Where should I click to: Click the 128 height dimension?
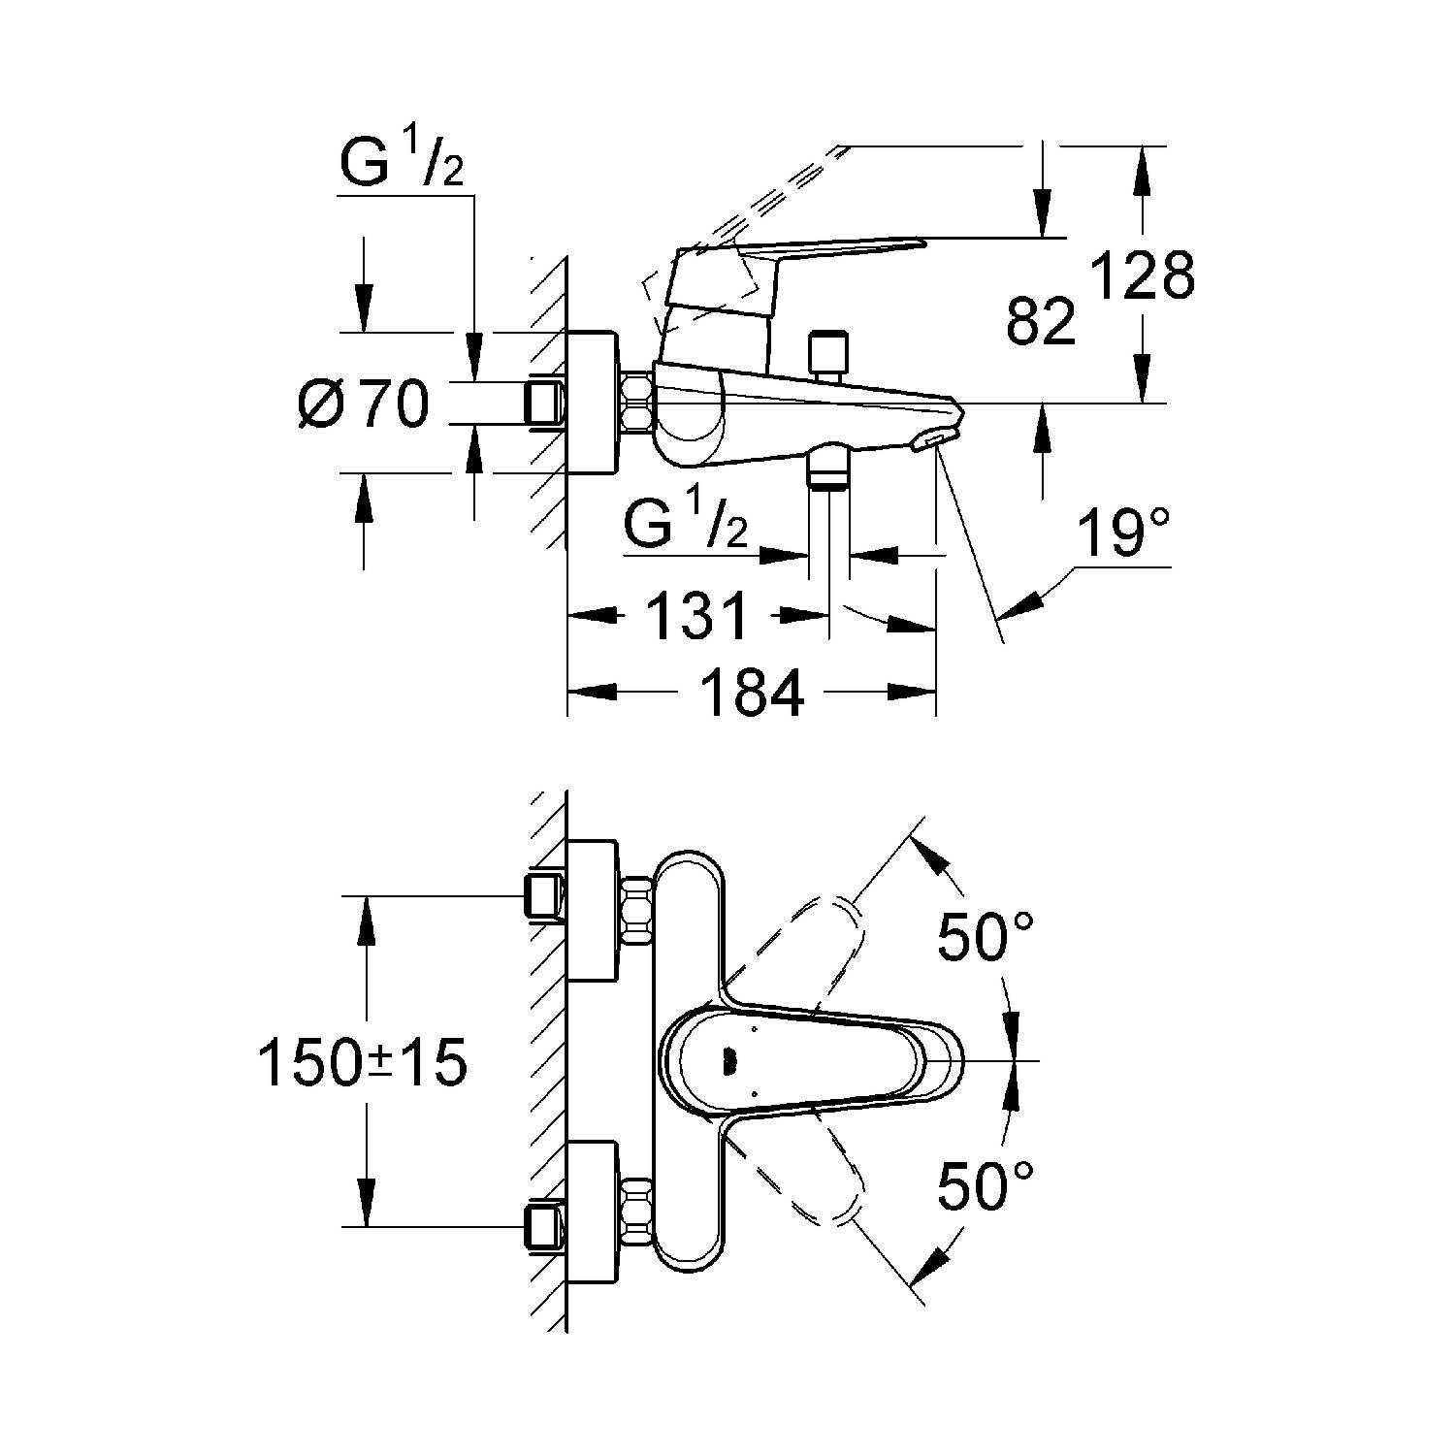pyautogui.click(x=1143, y=277)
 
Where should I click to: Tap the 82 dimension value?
pyautogui.click(x=1042, y=322)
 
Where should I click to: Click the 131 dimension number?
pyautogui.click(x=698, y=616)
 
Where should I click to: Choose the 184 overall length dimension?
pyautogui.click(x=753, y=693)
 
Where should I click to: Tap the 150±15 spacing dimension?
pyautogui.click(x=363, y=1063)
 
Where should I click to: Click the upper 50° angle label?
pyautogui.click(x=985, y=937)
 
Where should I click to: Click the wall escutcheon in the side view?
pyautogui.click(x=591, y=404)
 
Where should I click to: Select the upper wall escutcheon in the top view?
pyautogui.click(x=591, y=909)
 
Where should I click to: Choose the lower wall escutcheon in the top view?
pyautogui.click(x=591, y=1212)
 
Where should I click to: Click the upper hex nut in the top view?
pyautogui.click(x=636, y=909)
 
